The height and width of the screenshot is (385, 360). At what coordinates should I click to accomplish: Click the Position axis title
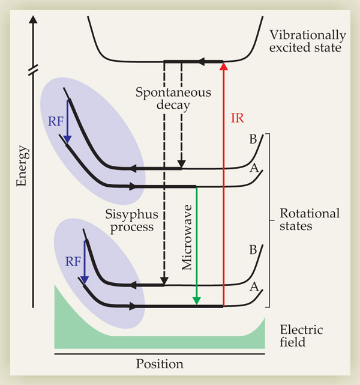[159, 364]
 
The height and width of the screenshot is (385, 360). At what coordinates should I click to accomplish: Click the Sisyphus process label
[127, 221]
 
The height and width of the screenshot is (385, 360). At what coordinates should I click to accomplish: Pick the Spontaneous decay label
[165, 100]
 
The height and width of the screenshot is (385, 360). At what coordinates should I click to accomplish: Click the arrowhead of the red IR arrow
[223, 65]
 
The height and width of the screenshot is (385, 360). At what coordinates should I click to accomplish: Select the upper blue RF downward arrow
[67, 123]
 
